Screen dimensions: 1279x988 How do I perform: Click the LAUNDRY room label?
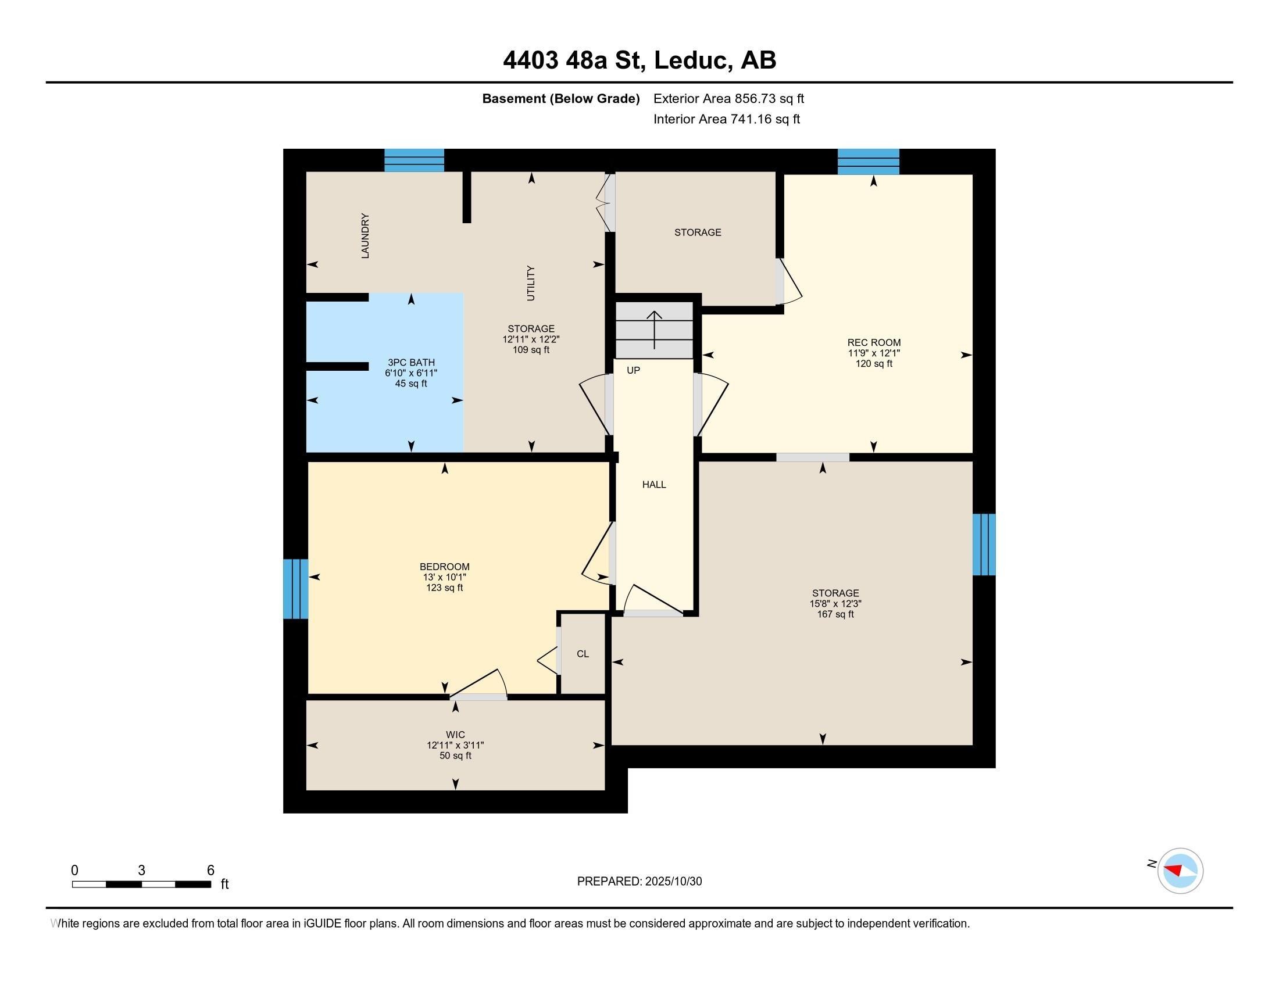365,236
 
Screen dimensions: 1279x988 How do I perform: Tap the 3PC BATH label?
411,363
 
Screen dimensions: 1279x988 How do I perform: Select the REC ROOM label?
874,343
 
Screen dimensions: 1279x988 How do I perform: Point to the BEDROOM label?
445,567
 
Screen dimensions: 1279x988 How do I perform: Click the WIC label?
456,735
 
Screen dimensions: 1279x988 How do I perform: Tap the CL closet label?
583,654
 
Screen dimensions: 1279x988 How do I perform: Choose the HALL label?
654,485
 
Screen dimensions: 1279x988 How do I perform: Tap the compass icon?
1180,871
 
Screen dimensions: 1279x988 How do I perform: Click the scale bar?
141,885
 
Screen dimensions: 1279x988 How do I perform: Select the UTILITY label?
531,283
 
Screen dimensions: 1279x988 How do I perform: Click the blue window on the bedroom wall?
296,589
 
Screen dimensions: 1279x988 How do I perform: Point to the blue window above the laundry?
414,160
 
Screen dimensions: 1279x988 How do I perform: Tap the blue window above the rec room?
869,162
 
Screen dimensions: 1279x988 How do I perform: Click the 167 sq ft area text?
835,614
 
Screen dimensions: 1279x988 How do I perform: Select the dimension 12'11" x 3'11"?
456,745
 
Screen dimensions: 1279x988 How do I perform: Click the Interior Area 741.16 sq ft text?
727,119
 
